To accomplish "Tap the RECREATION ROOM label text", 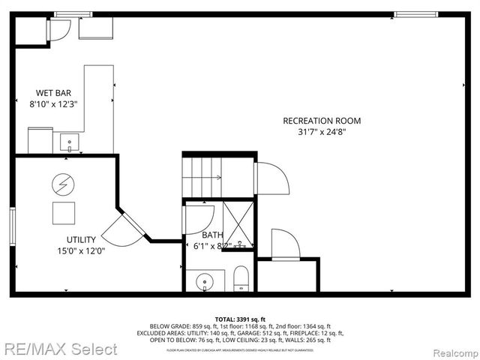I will pyautogui.click(x=321, y=121).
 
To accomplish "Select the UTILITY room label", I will pyautogui.click(x=80, y=240).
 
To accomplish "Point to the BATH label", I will pyautogui.click(x=212, y=235).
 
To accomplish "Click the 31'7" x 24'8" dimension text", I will pyautogui.click(x=321, y=132).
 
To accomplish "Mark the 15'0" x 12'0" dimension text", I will pyautogui.click(x=80, y=251).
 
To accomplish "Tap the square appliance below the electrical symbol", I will pyautogui.click(x=63, y=213).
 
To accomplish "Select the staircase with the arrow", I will pyautogui.click(x=203, y=177).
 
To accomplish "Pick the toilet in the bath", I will pyautogui.click(x=241, y=278).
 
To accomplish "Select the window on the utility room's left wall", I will pyautogui.click(x=13, y=225).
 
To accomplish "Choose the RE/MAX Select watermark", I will pyautogui.click(x=60, y=349).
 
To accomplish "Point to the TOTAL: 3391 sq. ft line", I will pyautogui.click(x=239, y=318).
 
